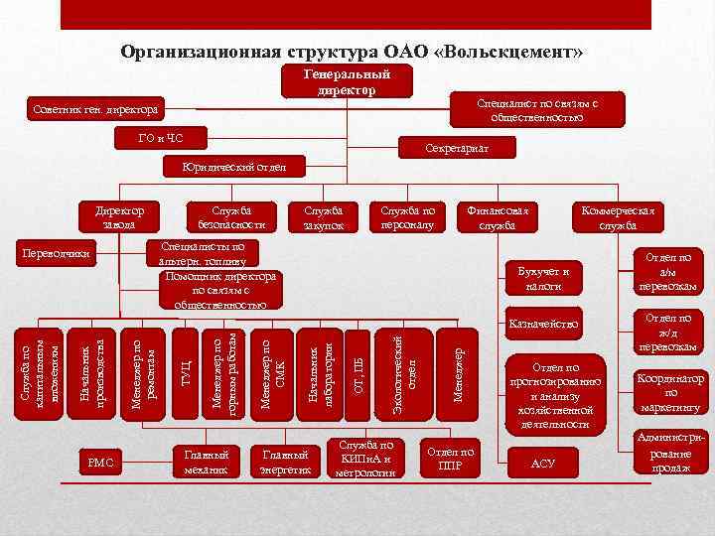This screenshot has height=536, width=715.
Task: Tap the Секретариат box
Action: pos(457,147)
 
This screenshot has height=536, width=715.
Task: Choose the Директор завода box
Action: pos(118,218)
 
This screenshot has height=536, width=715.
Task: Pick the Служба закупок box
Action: pos(324,218)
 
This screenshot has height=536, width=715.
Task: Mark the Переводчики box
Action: pos(59,255)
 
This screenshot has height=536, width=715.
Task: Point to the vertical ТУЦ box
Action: pos(184,374)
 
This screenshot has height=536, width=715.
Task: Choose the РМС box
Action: pos(101,462)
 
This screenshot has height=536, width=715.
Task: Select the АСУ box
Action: pos(543,463)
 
